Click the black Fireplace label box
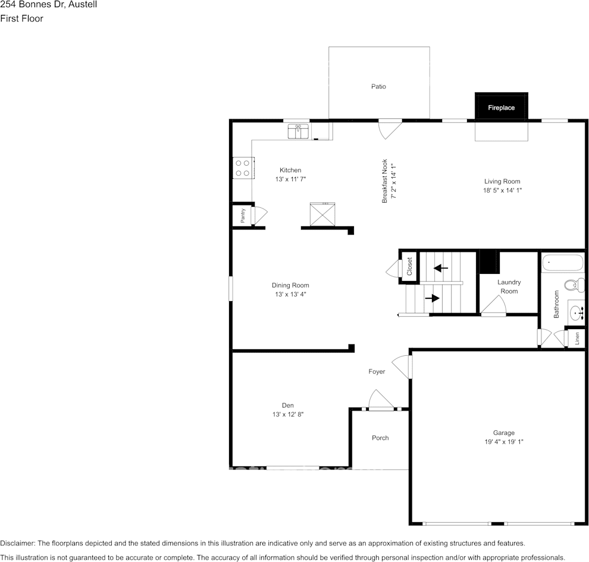click(501, 108)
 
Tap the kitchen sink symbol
click(298, 131)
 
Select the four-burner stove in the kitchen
click(242, 168)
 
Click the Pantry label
click(243, 216)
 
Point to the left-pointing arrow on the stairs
click(440, 268)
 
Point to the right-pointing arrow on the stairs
click(432, 298)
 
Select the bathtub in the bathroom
click(563, 263)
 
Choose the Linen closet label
click(577, 338)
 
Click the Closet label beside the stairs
click(409, 267)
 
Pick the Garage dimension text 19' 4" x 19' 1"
click(503, 441)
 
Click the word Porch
click(380, 438)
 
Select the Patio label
click(378, 86)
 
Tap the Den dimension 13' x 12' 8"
click(288, 414)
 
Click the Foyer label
click(377, 371)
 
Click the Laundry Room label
click(509, 286)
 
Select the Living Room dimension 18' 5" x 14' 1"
click(502, 190)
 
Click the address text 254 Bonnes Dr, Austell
click(49, 5)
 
